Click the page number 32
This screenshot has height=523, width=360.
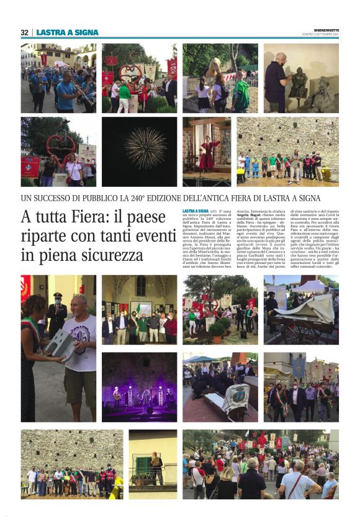25,32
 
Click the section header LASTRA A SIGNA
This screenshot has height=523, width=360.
67,32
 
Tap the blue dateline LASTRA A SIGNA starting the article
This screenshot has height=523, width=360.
196,211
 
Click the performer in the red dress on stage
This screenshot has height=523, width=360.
207,153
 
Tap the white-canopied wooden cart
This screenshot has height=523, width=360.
310,314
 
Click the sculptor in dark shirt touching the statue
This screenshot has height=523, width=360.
277,77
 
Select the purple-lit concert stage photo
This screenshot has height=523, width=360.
139,388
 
